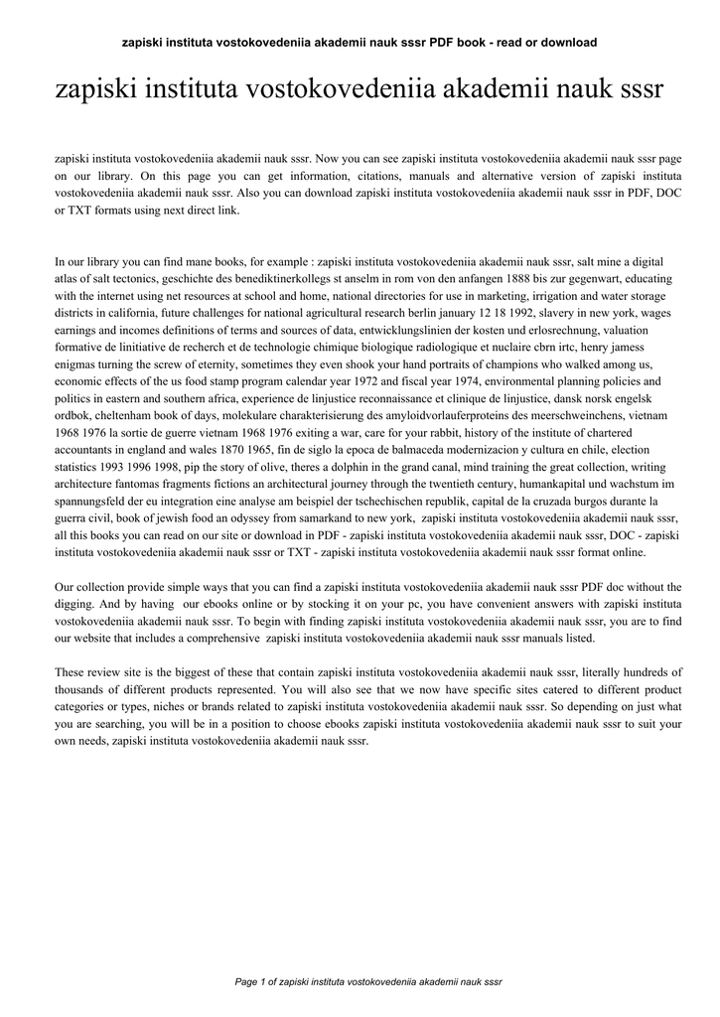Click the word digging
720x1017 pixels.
coord(75,604)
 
